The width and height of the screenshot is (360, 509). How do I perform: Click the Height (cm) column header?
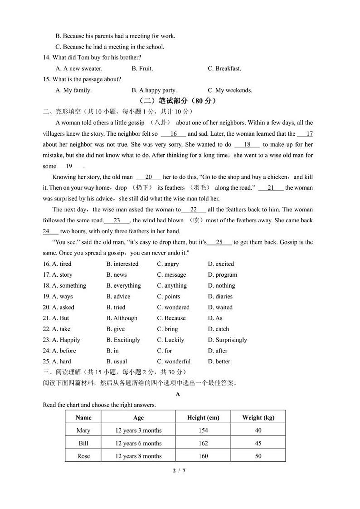pyautogui.click(x=203, y=417)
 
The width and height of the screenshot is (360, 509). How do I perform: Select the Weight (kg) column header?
pyautogui.click(x=258, y=417)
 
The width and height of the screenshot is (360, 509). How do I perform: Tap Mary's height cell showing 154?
pyautogui.click(x=203, y=430)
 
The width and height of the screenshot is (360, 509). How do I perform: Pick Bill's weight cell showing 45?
pyautogui.click(x=258, y=443)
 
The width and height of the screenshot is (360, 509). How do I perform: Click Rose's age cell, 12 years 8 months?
pyautogui.click(x=138, y=456)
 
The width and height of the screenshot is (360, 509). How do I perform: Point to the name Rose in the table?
pyautogui.click(x=83, y=456)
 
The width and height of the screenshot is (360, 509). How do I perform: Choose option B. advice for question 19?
pyautogui.click(x=118, y=296)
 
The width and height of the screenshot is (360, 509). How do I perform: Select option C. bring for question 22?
pyautogui.click(x=167, y=329)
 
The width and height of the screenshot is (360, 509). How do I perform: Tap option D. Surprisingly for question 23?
pyautogui.click(x=227, y=340)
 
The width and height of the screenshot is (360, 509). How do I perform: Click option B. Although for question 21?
pyautogui.click(x=122, y=318)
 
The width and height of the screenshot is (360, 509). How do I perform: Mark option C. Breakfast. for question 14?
pyautogui.click(x=224, y=69)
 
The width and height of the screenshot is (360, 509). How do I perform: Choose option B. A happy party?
pyautogui.click(x=154, y=90)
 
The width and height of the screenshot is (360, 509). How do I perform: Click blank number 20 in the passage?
pyautogui.click(x=149, y=177)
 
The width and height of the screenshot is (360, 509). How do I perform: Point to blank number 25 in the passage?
pyautogui.click(x=219, y=242)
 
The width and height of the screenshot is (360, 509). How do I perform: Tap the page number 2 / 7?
pyautogui.click(x=179, y=470)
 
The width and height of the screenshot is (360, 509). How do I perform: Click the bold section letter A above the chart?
pyautogui.click(x=178, y=394)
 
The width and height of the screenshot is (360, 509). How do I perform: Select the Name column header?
pyautogui.click(x=83, y=417)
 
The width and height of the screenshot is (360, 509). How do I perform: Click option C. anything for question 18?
pyautogui.click(x=172, y=285)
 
